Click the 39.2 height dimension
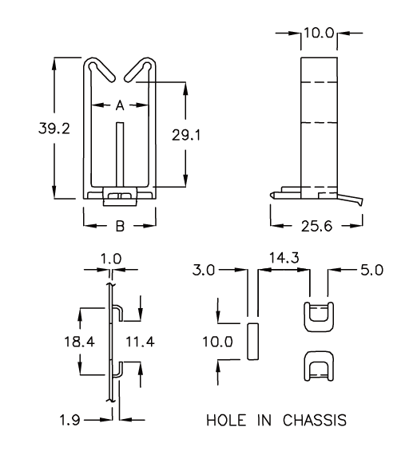(54, 129)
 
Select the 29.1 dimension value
(186, 135)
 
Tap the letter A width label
(120, 105)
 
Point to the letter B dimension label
(120, 226)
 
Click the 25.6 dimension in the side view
(316, 226)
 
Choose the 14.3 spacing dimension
(284, 258)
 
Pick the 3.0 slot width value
(204, 270)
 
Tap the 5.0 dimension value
(372, 270)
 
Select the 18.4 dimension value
(79, 342)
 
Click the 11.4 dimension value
(140, 342)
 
